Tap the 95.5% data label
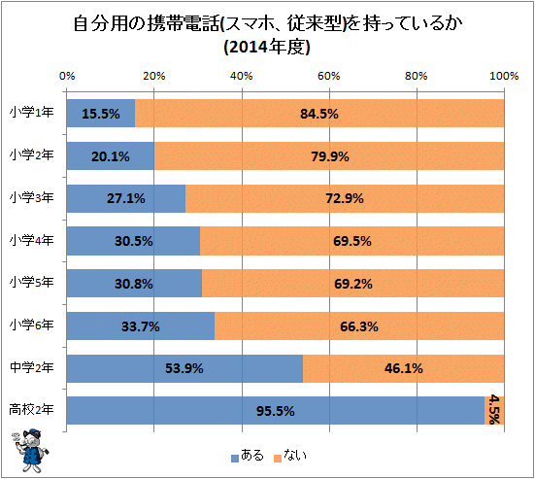point(277,411)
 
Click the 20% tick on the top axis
point(153,75)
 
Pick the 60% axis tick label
point(328,75)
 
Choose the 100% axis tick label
point(502,75)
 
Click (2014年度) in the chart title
point(266,47)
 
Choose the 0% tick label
point(67,75)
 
